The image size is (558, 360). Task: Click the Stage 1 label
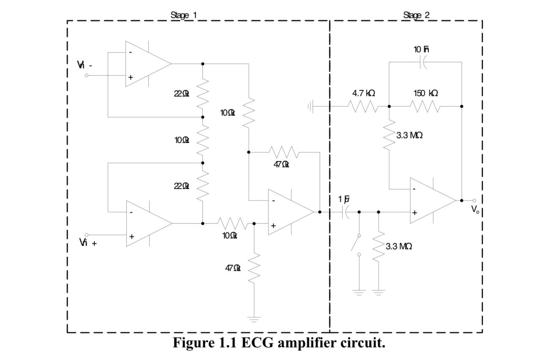tap(183, 15)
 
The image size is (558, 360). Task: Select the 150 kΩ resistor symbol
tap(425, 107)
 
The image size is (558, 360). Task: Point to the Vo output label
tap(476, 209)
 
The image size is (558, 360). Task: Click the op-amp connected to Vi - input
tap(146, 64)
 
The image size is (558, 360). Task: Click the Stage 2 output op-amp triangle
tap(431, 201)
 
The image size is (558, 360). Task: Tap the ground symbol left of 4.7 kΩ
tap(311, 107)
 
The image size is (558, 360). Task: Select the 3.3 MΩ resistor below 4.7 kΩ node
tap(389, 135)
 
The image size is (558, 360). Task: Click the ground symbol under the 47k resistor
tap(254, 319)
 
